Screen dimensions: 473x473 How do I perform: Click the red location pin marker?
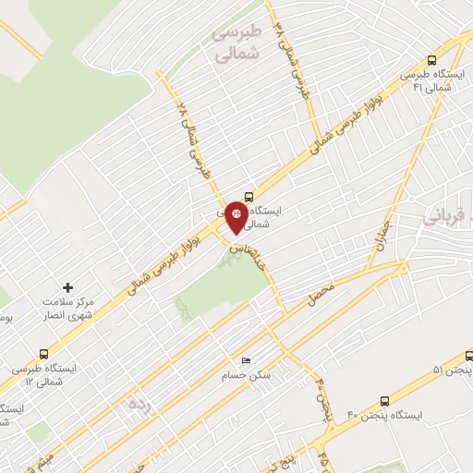[x=238, y=215]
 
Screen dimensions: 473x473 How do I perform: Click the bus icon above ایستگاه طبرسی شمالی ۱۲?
[x=44, y=353]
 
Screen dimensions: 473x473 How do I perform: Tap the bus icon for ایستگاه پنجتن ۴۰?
[x=384, y=401]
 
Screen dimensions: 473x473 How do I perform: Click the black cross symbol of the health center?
[x=67, y=287]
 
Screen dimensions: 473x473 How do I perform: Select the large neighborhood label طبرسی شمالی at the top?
[x=238, y=42]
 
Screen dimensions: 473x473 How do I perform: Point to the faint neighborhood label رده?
[x=139, y=404]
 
